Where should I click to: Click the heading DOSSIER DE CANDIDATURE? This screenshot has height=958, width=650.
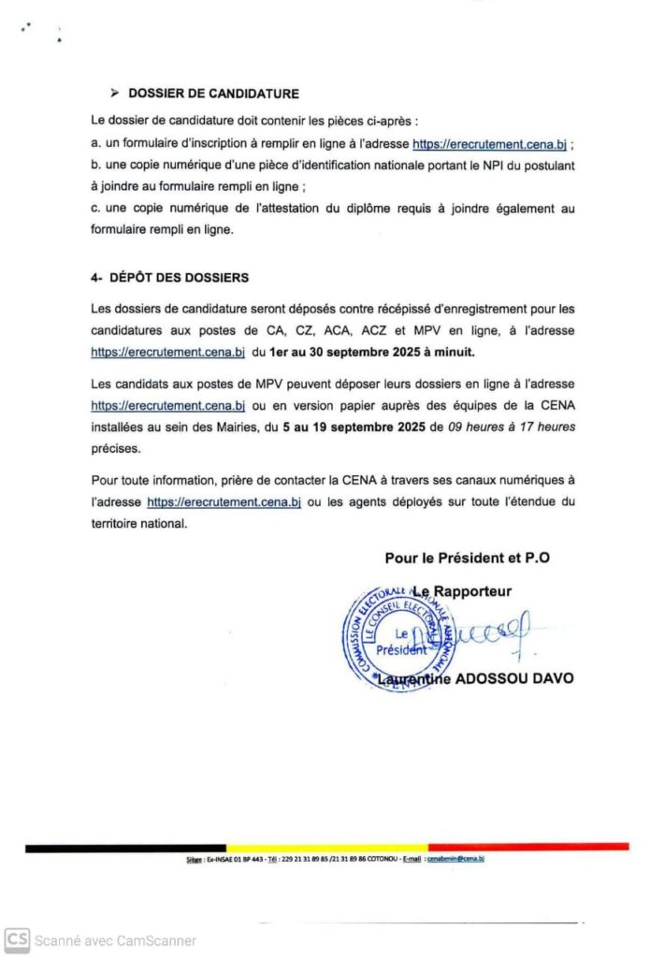point(213,93)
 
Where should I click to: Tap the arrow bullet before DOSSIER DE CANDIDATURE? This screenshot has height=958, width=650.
point(114,93)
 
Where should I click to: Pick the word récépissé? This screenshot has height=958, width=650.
point(370,309)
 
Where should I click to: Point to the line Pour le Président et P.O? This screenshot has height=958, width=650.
point(467,558)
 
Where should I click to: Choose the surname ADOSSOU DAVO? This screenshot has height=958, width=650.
point(513,678)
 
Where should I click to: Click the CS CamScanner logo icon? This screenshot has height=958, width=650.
point(16,939)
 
